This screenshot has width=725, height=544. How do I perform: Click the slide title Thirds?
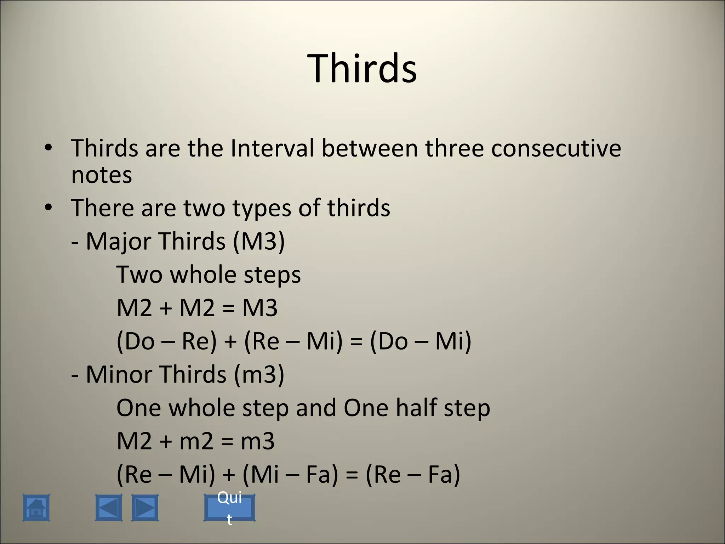coord(362,68)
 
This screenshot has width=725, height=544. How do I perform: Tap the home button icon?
coord(36,508)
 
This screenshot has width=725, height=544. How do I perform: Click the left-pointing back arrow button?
coord(109,508)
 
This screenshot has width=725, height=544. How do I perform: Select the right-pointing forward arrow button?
coord(145,508)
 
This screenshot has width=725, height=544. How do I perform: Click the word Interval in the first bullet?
coord(272,148)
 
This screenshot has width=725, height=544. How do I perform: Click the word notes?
coord(102,175)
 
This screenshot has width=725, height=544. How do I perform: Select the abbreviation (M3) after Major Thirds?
coord(259,242)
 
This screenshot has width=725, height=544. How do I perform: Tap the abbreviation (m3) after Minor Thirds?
coord(259,375)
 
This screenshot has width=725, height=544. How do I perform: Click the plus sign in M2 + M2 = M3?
coord(166,308)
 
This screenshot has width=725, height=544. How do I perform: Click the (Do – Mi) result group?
coord(421,341)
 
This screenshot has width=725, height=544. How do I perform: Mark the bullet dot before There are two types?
coord(48,208)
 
